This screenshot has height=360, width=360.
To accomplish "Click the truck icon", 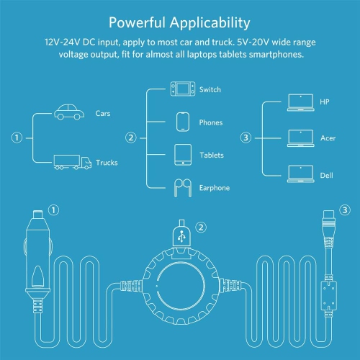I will point(72,162).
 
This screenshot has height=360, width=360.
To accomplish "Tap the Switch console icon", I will point(181,89).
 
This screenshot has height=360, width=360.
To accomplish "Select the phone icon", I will point(181,121).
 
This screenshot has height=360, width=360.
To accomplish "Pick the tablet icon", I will point(181,154).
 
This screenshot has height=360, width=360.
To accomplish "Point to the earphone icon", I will point(181,188).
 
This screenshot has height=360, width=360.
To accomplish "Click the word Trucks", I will point(107,163).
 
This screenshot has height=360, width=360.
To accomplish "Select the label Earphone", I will point(215,189).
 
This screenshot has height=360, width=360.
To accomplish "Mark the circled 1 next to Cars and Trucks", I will point(17,137).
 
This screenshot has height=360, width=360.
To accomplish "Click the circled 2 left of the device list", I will point(131,137).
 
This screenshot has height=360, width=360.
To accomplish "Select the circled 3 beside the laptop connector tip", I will point(345,210).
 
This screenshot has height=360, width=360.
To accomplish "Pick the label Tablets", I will point(211,155).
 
